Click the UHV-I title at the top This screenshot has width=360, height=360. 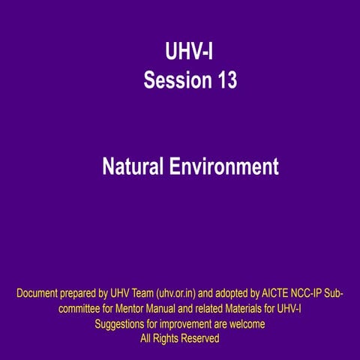[190, 52]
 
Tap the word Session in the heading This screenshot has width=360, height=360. [172, 79]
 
